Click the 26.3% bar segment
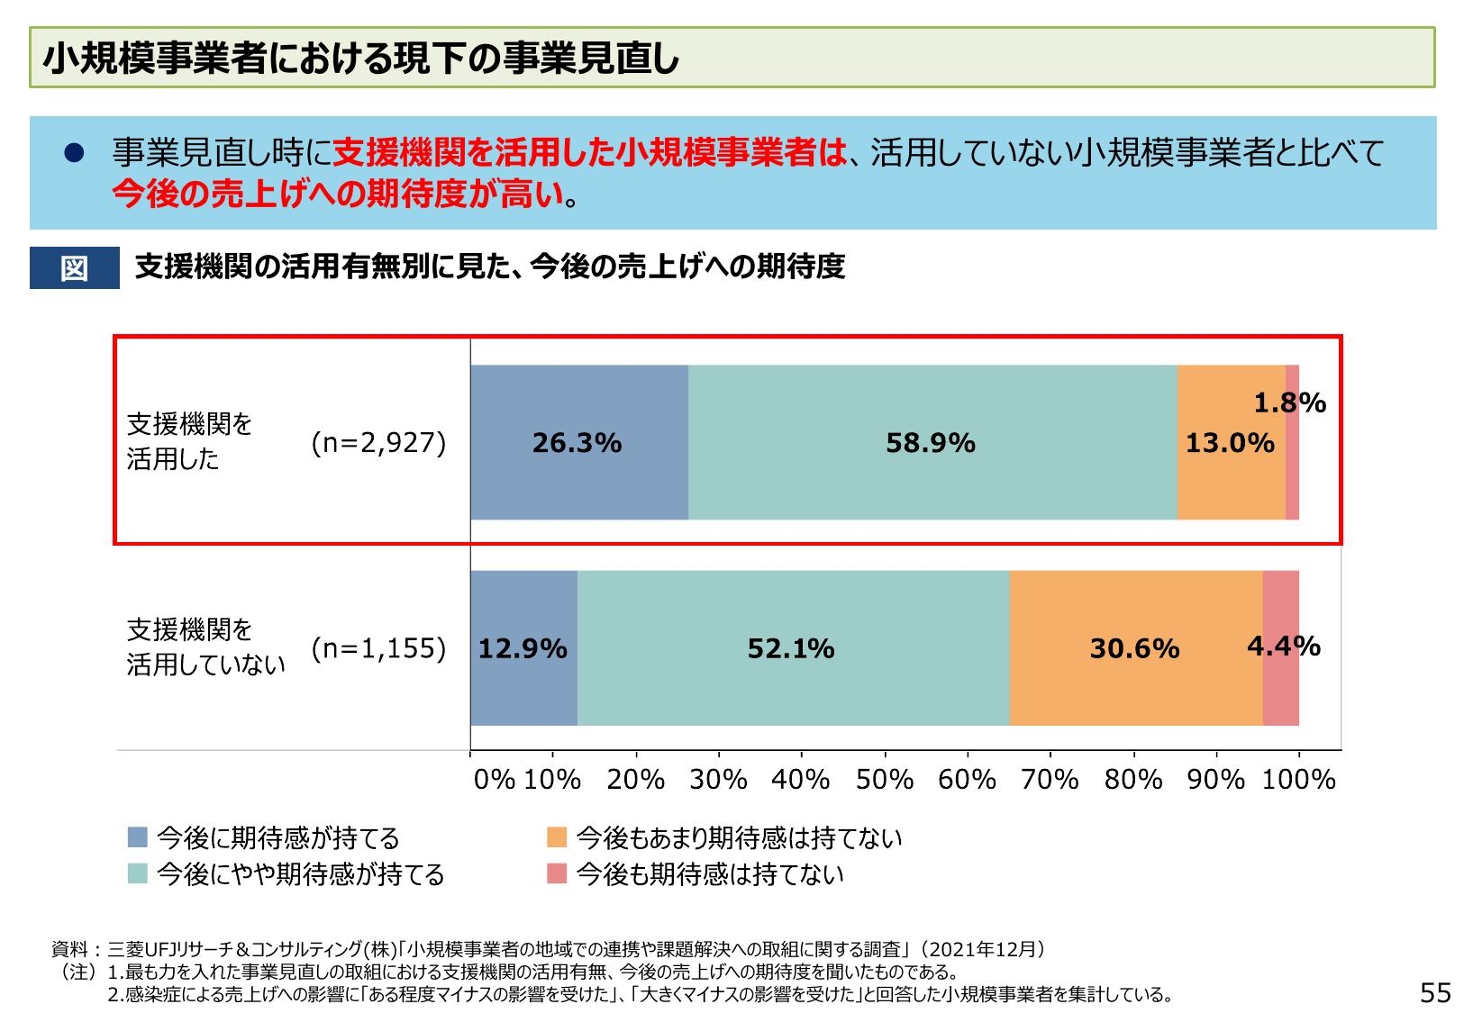point(578,442)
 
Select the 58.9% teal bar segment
point(932,442)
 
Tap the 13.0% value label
point(1229,443)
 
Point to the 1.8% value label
point(1289,402)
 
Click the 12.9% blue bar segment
point(523,647)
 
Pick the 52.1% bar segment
point(793,647)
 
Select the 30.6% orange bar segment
point(1135,647)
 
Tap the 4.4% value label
point(1283,646)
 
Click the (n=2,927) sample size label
point(378,443)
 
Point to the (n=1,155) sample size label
point(378,648)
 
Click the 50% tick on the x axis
point(884,779)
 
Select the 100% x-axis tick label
point(1298,779)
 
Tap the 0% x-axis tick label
point(494,779)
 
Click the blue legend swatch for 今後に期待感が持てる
point(138,837)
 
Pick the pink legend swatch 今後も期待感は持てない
point(557,873)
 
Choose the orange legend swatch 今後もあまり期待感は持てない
point(557,837)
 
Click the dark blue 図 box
point(75,267)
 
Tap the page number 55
point(1435,992)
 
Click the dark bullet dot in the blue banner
point(74,153)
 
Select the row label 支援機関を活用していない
point(205,647)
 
